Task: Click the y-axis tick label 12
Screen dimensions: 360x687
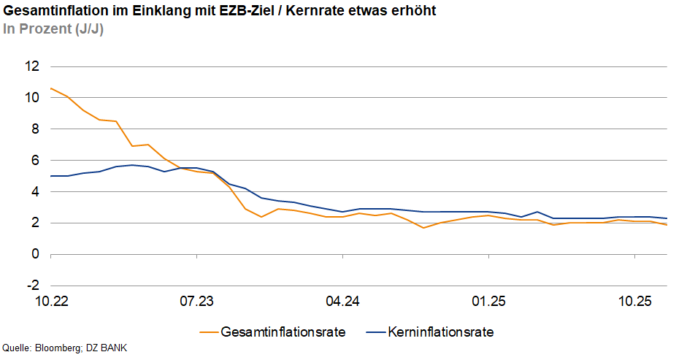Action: (x=31, y=66)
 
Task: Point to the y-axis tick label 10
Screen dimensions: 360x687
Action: (x=31, y=98)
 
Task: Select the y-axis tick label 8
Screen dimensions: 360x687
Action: (x=34, y=129)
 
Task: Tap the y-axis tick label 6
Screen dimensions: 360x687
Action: (x=34, y=161)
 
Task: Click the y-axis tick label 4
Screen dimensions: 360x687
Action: (x=34, y=192)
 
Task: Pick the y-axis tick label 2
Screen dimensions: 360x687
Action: (x=34, y=223)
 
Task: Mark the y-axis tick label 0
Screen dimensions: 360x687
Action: (x=34, y=255)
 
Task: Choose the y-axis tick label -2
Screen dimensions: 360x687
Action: (x=32, y=286)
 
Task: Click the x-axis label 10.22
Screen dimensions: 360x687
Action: (x=50, y=301)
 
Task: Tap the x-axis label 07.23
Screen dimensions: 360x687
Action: (x=196, y=301)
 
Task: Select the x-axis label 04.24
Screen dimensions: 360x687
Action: (x=343, y=301)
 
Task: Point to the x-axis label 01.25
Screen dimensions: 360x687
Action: (x=489, y=301)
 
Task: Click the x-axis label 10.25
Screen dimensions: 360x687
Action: (x=635, y=301)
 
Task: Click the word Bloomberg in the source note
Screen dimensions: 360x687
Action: (x=61, y=348)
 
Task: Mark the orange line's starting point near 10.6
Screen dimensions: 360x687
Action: (x=50, y=88)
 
